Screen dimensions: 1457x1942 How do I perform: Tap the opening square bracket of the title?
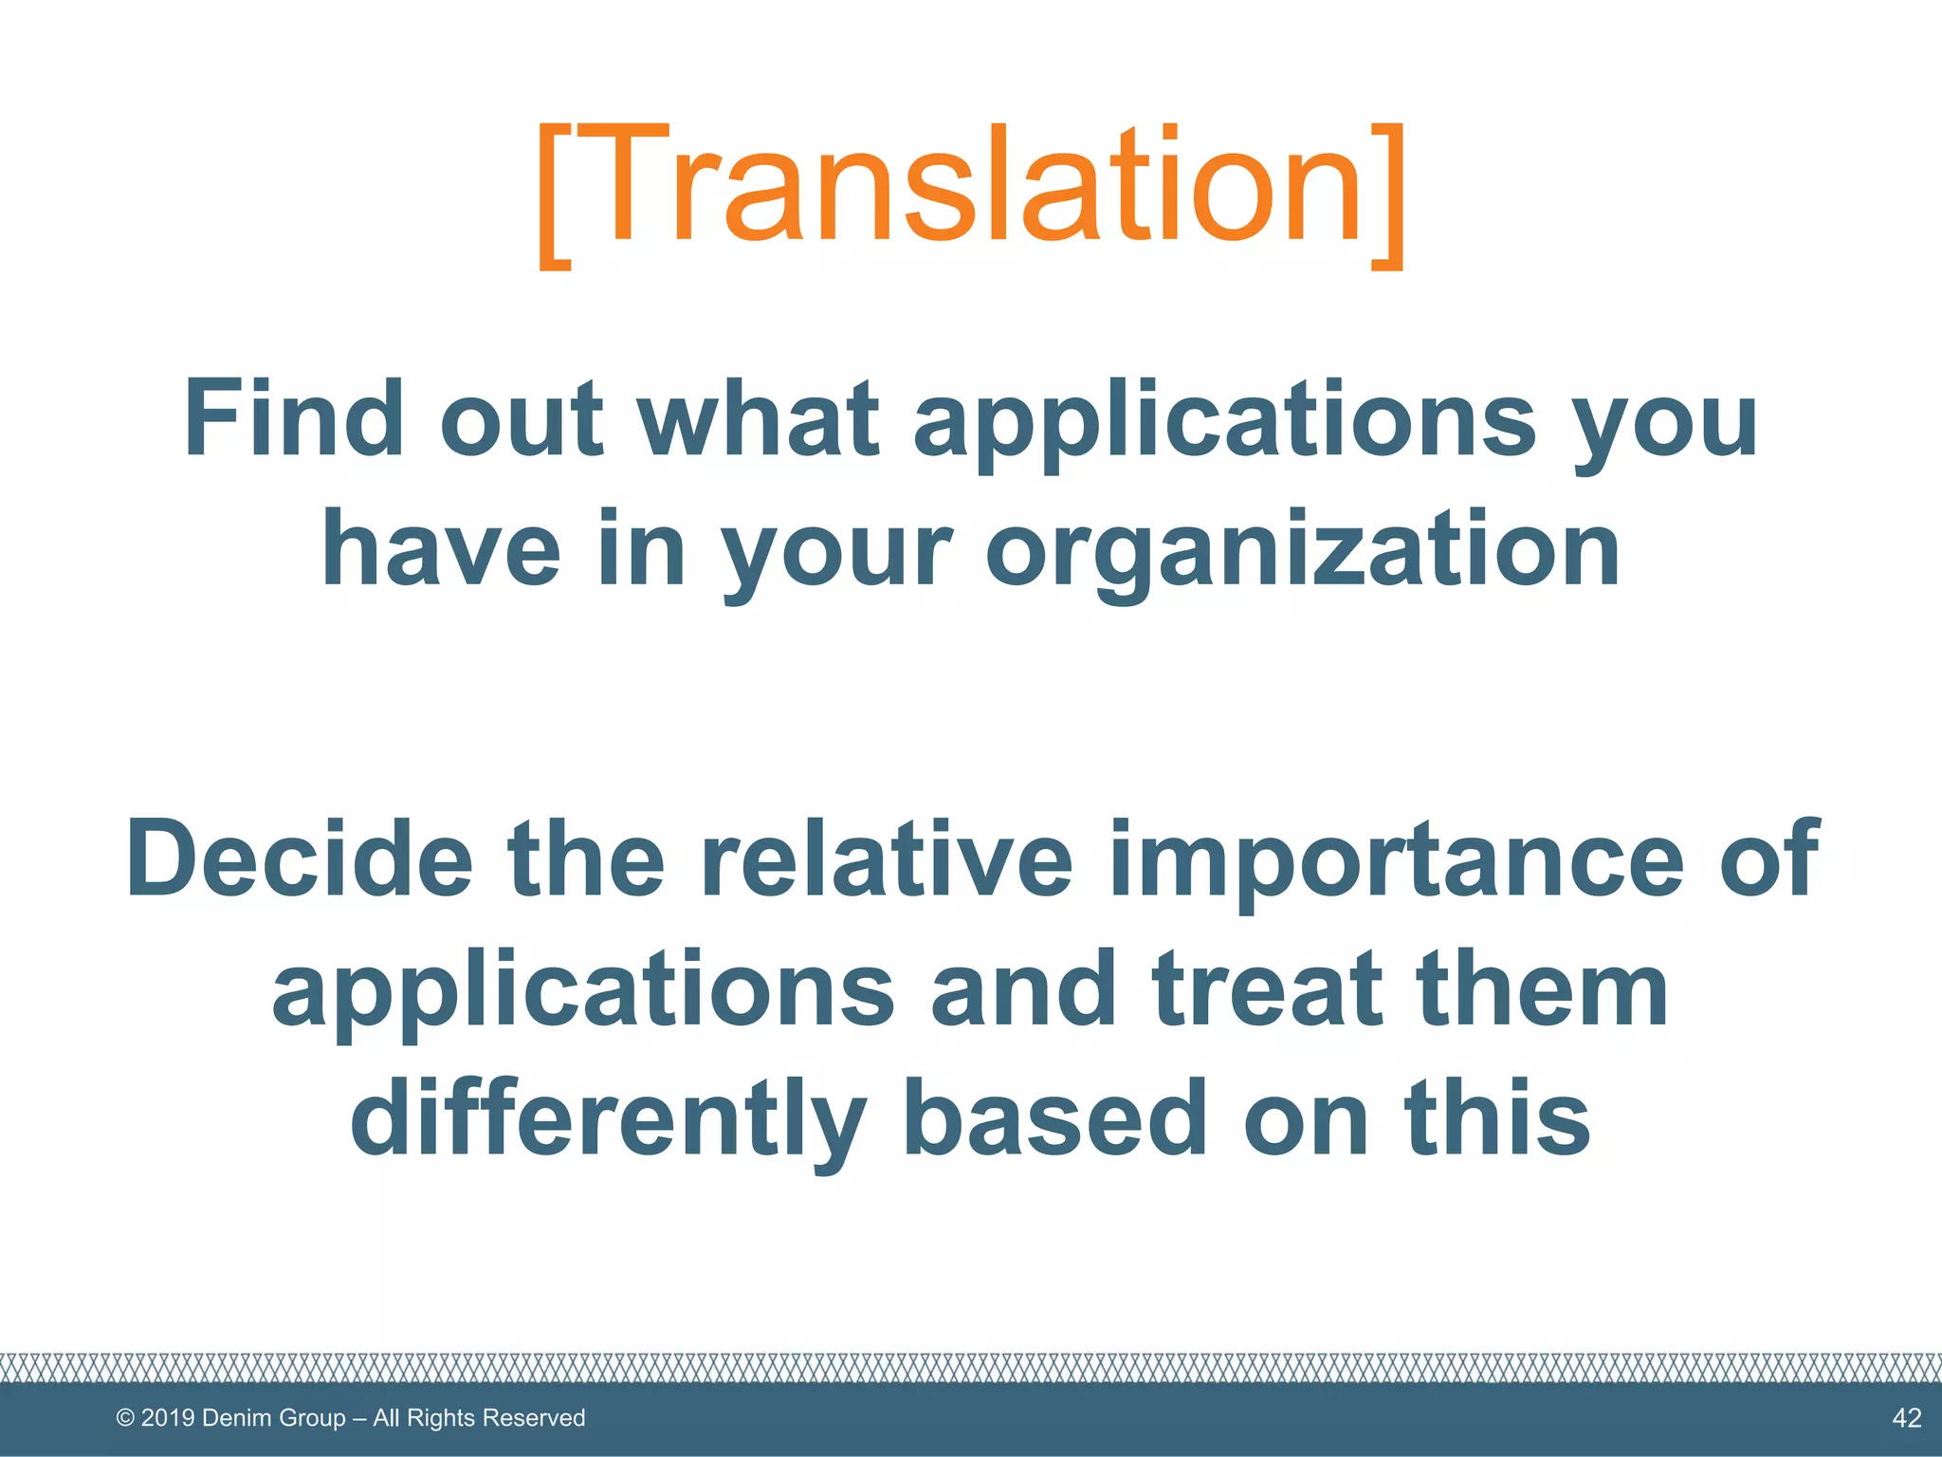556,194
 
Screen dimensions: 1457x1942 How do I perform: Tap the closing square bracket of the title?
1386,194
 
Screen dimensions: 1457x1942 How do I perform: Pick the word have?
440,550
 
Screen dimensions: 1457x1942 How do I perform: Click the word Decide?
299,858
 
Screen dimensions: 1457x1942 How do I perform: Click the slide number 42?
1906,1418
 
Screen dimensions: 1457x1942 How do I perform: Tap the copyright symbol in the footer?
124,1418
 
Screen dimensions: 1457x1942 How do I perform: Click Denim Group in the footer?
274,1418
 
